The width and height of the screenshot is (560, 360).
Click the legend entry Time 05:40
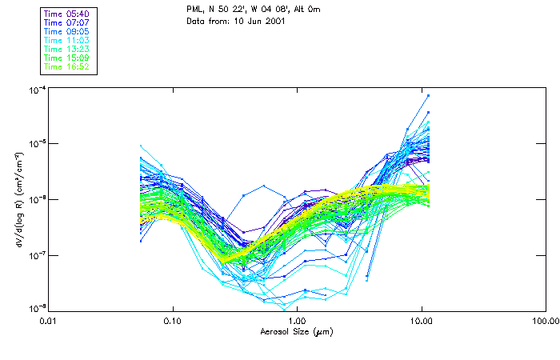(67, 14)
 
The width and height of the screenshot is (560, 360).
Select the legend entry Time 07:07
(67, 22)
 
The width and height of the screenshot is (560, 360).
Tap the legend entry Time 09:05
(67, 31)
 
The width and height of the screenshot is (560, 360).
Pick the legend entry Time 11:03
(67, 40)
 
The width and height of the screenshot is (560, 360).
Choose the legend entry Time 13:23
(67, 49)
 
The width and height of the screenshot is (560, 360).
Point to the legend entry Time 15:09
(67, 58)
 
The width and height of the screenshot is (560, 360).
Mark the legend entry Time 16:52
(67, 66)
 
